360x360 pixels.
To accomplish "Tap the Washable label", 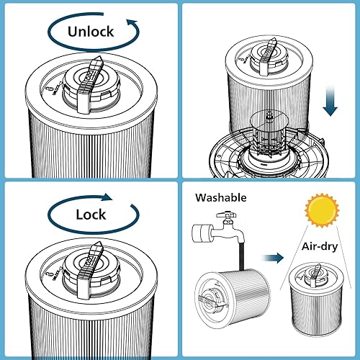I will click(x=220, y=197).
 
